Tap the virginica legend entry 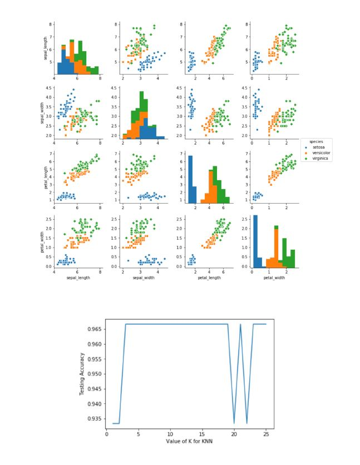319,159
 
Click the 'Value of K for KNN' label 189,441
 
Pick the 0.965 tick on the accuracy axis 93,330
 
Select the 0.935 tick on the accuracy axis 93,418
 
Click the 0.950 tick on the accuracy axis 93,374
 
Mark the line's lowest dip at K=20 234,423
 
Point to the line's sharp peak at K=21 240,324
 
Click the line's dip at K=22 247,423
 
